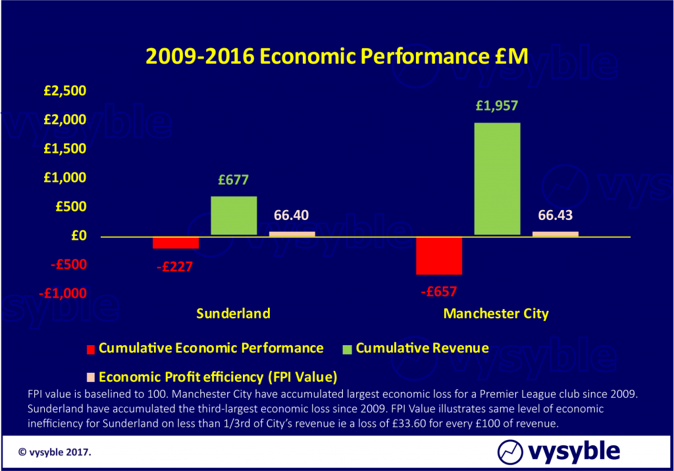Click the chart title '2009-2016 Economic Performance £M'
coord(336,57)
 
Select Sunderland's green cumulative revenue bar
coord(234,215)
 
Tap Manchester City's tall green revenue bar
coord(497,179)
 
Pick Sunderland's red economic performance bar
coord(176,242)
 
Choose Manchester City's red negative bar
coord(439,256)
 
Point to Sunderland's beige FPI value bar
coord(292,233)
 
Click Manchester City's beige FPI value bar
coord(555,233)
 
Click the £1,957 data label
coord(497,105)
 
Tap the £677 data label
coord(234,179)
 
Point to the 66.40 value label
coord(290,215)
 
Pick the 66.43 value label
coord(554,215)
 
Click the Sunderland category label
coord(233,314)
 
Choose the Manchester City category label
coord(496,314)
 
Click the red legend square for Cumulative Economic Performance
coord(91,348)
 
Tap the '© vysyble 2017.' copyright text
coord(55,453)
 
